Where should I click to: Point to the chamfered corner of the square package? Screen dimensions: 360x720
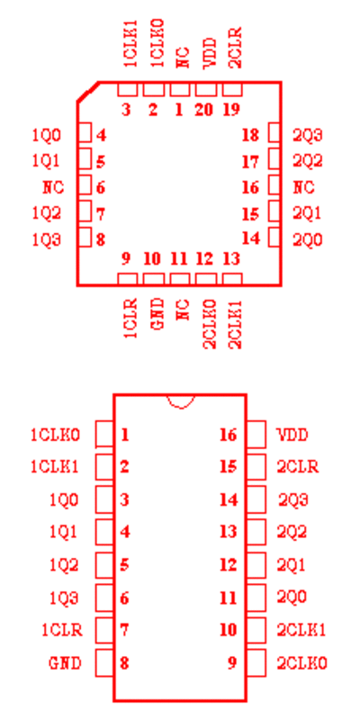[87, 92]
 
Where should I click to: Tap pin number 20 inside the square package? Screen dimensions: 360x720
[204, 110]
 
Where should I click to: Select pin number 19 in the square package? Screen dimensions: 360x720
[231, 110]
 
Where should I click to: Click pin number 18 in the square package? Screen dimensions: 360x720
[250, 135]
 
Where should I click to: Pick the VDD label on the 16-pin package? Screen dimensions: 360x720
[292, 435]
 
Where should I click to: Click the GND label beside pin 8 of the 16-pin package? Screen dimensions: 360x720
[65, 663]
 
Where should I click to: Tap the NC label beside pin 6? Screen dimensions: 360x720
[53, 187]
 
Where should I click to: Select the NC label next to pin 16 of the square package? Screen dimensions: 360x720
[304, 187]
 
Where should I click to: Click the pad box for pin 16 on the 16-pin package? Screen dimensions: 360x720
[256, 435]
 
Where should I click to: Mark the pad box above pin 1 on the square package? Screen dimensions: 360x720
[179, 89]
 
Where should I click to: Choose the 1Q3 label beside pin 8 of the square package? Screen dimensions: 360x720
[47, 239]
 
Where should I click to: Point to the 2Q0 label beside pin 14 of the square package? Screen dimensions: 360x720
[308, 239]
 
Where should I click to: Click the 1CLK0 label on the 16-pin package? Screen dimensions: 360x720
[56, 435]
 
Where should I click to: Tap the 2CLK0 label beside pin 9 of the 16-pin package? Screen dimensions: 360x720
[301, 663]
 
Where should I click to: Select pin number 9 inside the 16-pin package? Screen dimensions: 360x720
[232, 663]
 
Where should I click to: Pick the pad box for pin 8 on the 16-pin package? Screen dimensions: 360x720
[104, 663]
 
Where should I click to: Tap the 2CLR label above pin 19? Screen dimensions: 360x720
[236, 49]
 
